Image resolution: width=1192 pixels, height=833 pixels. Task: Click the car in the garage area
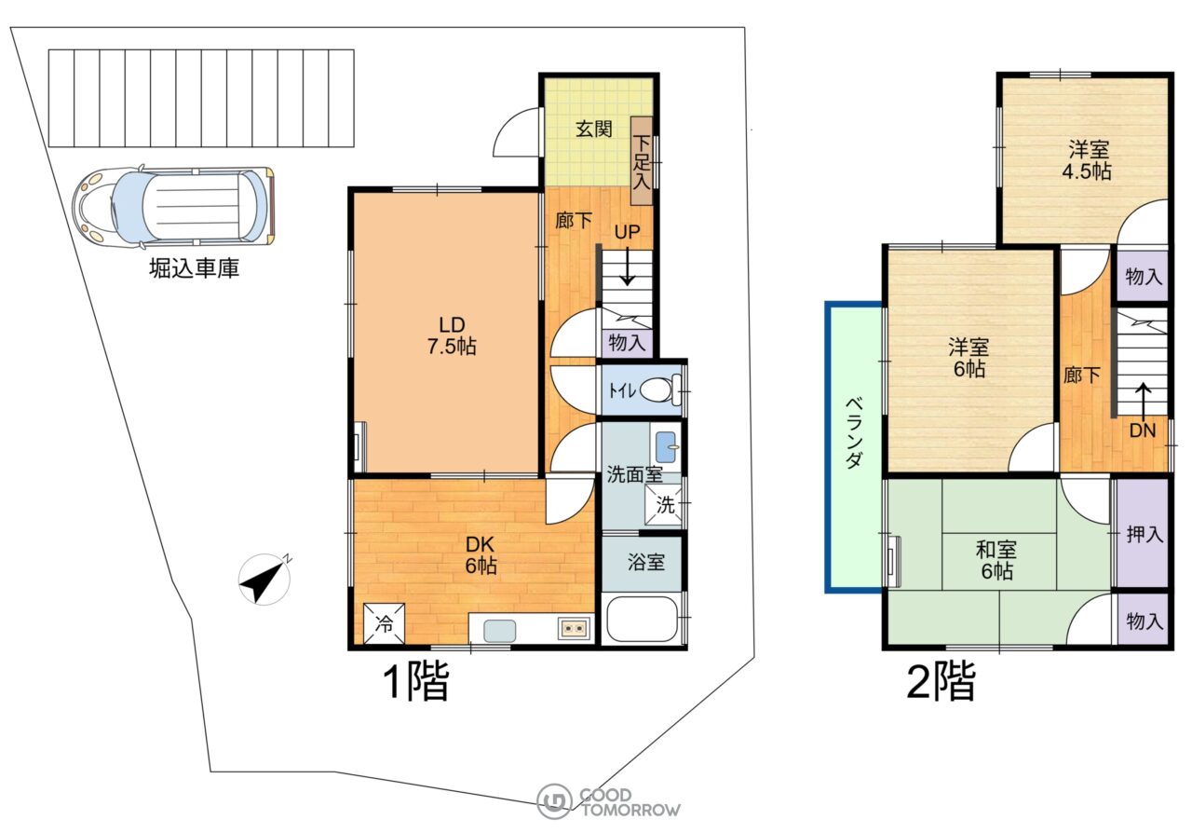click(174, 207)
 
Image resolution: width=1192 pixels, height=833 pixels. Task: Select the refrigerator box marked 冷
click(384, 623)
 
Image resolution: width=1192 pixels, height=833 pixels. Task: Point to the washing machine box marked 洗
click(664, 505)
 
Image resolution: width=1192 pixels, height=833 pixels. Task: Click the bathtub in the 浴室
click(642, 619)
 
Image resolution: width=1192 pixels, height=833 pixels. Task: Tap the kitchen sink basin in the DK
click(499, 631)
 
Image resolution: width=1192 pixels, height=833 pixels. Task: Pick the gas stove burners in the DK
click(574, 629)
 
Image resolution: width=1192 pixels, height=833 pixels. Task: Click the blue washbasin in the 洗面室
click(666, 447)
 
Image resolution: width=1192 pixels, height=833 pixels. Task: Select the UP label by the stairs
click(627, 232)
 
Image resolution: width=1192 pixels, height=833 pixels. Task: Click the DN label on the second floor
click(1143, 430)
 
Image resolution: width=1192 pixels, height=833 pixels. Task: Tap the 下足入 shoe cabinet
click(642, 161)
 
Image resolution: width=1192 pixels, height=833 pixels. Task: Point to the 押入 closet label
click(1145, 534)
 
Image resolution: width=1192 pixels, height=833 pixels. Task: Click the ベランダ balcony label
click(854, 432)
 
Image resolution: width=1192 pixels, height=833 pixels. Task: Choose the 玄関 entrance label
click(594, 129)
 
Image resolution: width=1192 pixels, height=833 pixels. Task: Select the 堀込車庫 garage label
click(195, 268)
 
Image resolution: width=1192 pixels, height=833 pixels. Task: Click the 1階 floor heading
click(416, 681)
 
